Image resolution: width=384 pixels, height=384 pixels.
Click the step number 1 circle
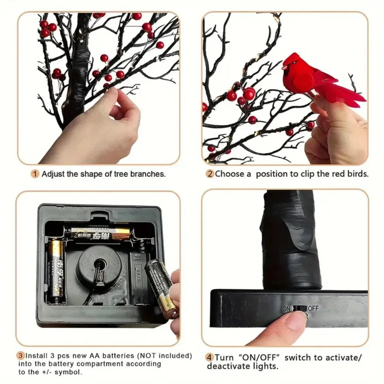click(x=35, y=174)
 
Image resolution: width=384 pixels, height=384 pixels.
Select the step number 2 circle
click(x=210, y=174)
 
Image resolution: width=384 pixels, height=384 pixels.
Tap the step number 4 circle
click(x=210, y=357)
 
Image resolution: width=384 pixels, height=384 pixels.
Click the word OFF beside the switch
click(x=313, y=308)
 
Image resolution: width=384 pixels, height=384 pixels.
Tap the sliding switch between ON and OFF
click(x=300, y=308)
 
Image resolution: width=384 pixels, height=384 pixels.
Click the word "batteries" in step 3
click(x=117, y=355)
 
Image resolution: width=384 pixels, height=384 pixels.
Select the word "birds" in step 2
click(x=358, y=174)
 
